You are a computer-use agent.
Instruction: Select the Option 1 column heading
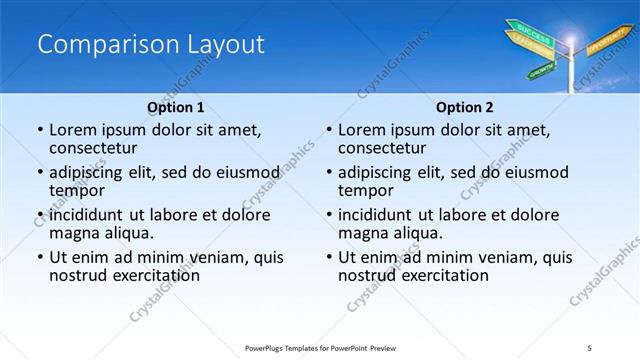tap(176, 107)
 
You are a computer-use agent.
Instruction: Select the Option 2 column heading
tap(464, 107)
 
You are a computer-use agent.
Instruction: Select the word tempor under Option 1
tap(75, 190)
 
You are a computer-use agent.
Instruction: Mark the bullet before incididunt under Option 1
tap(39, 215)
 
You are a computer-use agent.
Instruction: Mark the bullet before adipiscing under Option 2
tap(328, 172)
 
